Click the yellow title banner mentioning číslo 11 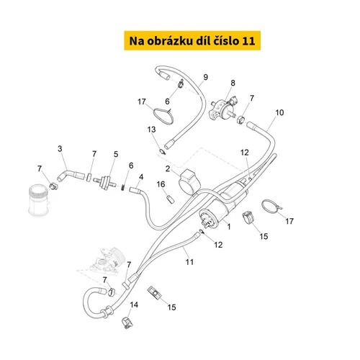click(x=192, y=40)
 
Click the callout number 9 click(x=205, y=77)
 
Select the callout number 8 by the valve click(x=233, y=83)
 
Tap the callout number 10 click(x=279, y=112)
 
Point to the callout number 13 click(x=151, y=130)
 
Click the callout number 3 click(x=60, y=149)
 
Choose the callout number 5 click(x=116, y=154)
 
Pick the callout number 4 click(x=141, y=177)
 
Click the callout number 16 click(x=161, y=184)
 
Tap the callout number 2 click(x=168, y=168)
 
